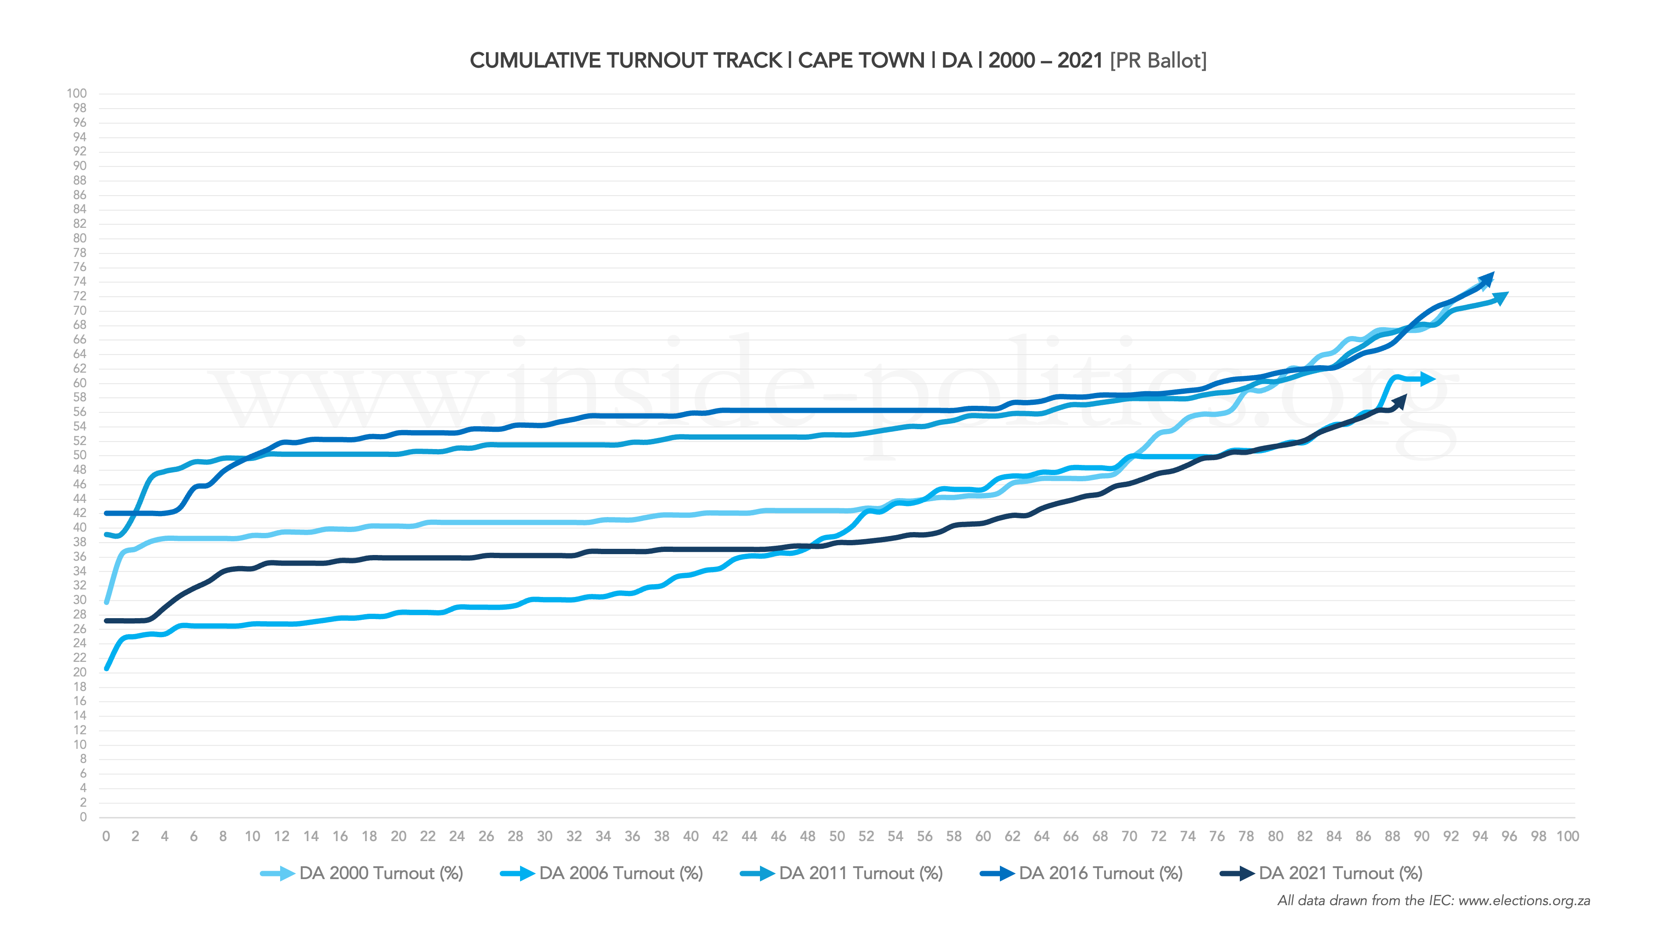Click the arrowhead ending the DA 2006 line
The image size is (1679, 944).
[1428, 378]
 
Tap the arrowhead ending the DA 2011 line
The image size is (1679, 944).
[1500, 298]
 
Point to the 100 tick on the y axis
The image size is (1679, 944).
[76, 94]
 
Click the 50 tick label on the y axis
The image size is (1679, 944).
[79, 455]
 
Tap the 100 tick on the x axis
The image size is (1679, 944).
[1568, 837]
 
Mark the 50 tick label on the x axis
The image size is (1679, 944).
[837, 837]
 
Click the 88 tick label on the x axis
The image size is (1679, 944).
[1392, 837]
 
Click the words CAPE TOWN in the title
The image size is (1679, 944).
[861, 60]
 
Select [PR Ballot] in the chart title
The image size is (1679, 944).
[1158, 60]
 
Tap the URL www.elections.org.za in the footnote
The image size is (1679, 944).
[1524, 901]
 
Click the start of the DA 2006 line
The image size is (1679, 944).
[106, 668]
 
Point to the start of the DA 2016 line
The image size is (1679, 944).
[106, 514]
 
